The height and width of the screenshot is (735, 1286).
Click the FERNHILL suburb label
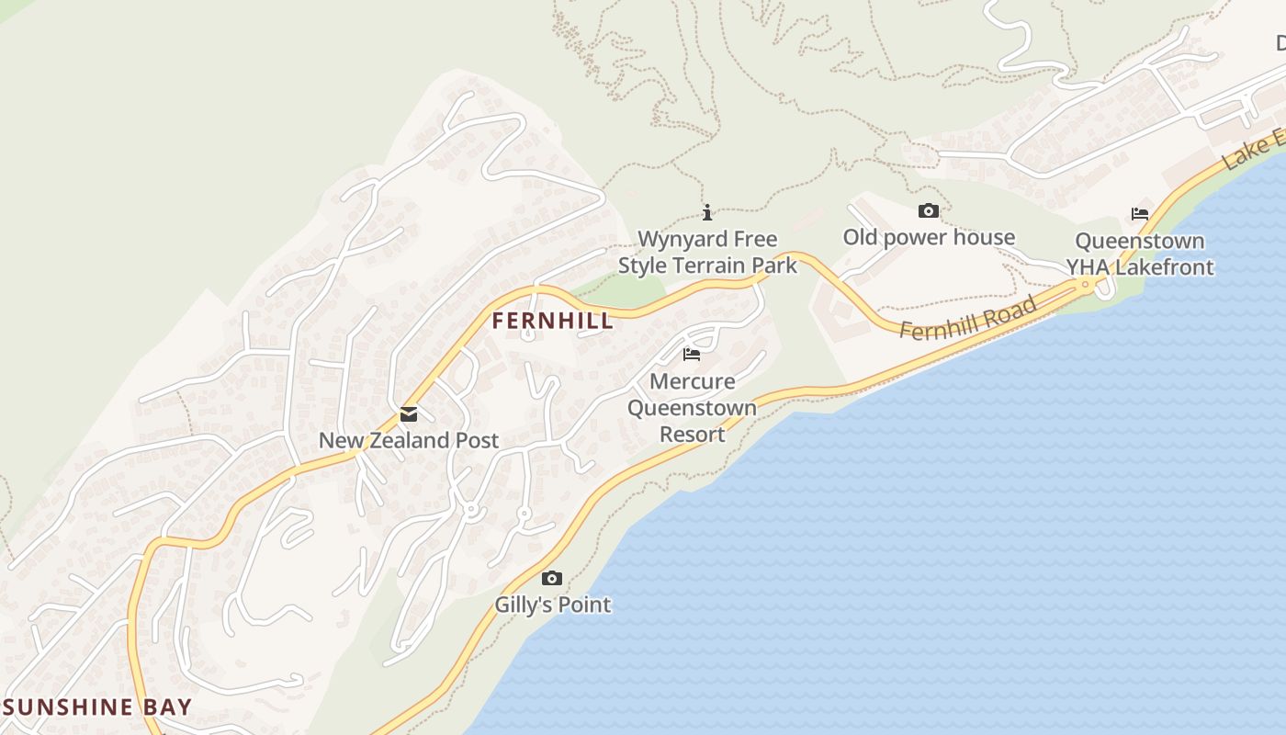tap(552, 321)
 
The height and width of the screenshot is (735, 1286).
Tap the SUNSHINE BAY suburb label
tap(97, 707)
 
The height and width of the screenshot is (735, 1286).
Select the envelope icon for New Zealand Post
tap(409, 415)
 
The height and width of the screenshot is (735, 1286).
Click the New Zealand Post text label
tap(409, 440)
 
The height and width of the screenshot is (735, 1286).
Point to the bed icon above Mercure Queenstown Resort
tap(692, 355)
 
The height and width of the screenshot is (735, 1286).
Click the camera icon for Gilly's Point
tap(552, 579)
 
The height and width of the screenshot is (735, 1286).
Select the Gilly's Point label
tap(552, 605)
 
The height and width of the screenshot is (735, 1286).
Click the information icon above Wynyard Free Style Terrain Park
tap(707, 213)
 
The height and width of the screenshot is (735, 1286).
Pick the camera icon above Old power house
tap(929, 211)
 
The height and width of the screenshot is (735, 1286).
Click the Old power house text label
tap(929, 237)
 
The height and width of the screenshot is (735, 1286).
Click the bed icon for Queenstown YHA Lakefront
tap(1140, 214)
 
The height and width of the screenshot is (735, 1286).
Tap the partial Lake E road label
tap(1254, 151)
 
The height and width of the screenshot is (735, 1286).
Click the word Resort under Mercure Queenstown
tap(693, 434)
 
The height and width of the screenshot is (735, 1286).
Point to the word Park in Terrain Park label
tap(774, 266)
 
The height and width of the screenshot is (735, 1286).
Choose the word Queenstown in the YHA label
tap(1140, 242)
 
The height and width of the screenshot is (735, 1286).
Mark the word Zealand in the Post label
tap(409, 440)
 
